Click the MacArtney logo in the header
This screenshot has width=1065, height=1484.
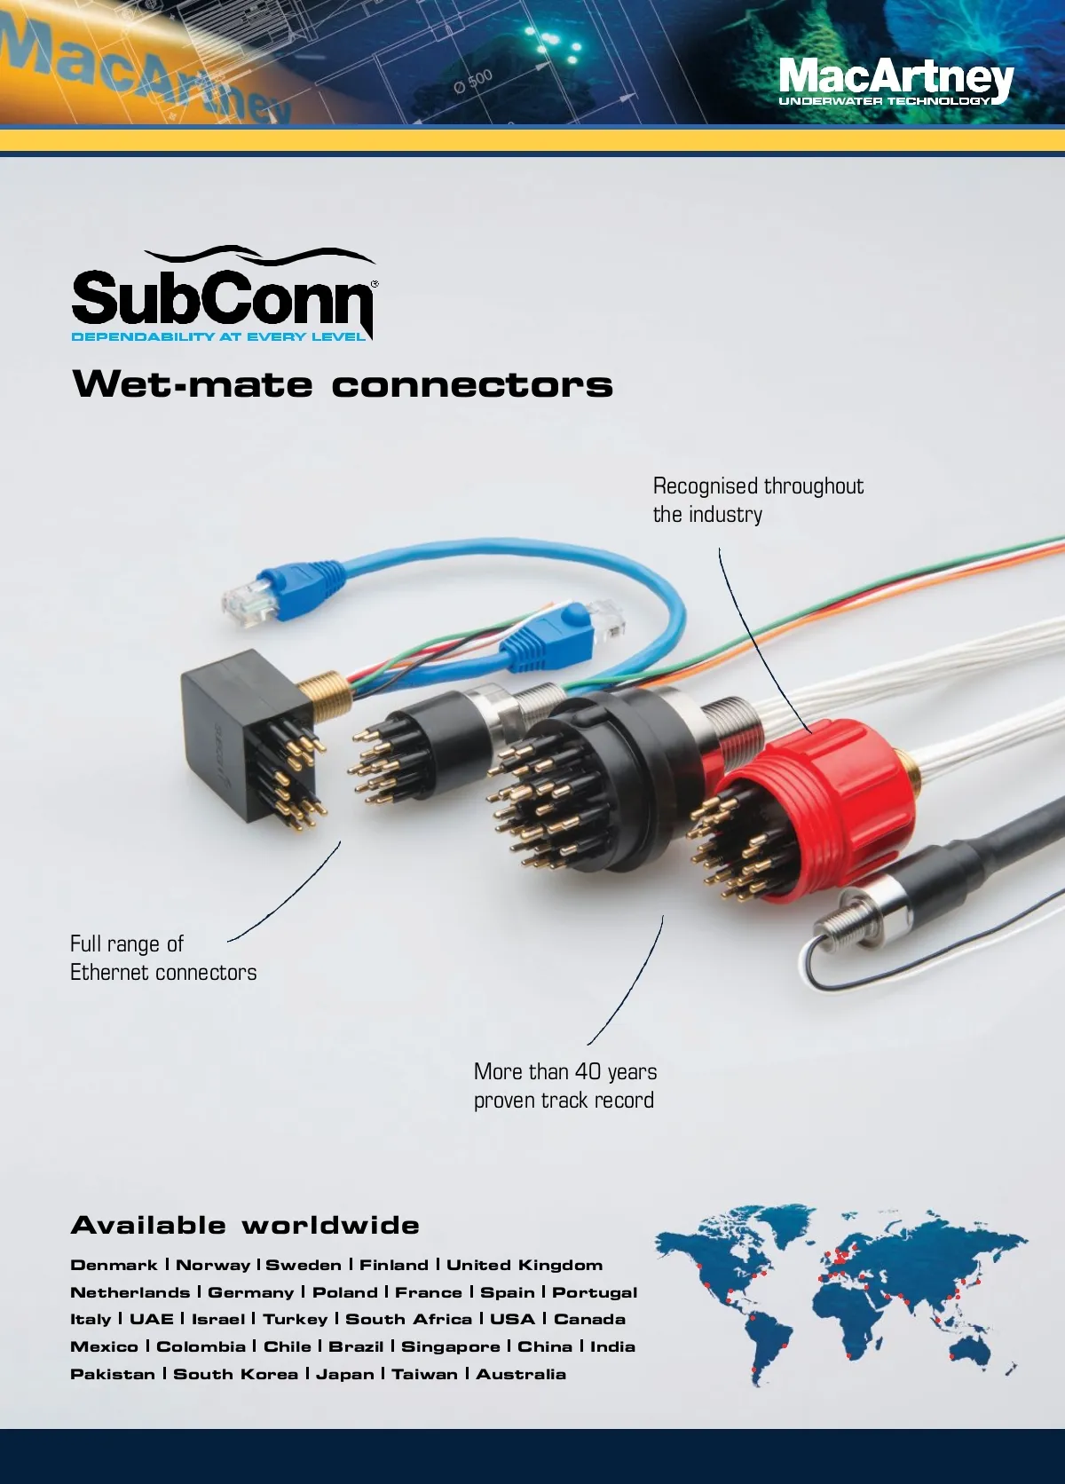pyautogui.click(x=895, y=80)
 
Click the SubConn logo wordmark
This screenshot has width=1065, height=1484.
pyautogui.click(x=222, y=297)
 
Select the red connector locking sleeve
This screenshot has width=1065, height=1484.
pyautogui.click(x=825, y=799)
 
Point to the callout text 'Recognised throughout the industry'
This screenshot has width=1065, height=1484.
pyautogui.click(x=757, y=500)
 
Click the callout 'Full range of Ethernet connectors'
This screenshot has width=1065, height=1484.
pyautogui.click(x=162, y=958)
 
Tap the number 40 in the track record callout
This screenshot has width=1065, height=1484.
pyautogui.click(x=588, y=1072)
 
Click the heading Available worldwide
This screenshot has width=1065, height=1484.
pyautogui.click(x=245, y=1226)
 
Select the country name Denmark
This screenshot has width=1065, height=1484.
pyautogui.click(x=114, y=1265)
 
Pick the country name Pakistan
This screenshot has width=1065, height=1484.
pyautogui.click(x=112, y=1374)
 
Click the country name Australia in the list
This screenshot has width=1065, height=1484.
pyautogui.click(x=521, y=1374)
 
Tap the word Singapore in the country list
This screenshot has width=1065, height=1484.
pyautogui.click(x=451, y=1346)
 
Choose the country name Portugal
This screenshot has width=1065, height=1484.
pyautogui.click(x=595, y=1292)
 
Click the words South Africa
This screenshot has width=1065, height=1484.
pyautogui.click(x=408, y=1319)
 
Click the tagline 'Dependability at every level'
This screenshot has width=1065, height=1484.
pyautogui.click(x=218, y=336)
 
